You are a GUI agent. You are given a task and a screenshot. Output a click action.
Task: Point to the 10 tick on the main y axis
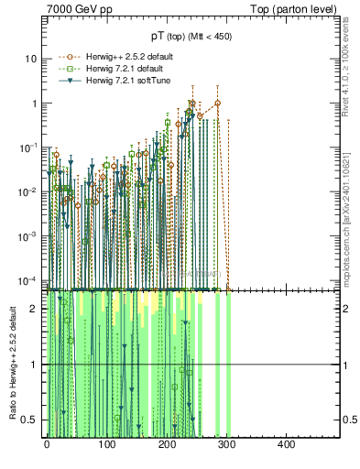pyautogui.click(x=31, y=59)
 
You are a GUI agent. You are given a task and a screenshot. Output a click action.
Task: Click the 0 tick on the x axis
pyautogui.click(x=47, y=444)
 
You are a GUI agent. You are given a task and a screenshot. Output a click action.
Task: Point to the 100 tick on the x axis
pyautogui.click(x=106, y=444)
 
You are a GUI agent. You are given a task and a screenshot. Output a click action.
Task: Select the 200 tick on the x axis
pyautogui.click(x=167, y=444)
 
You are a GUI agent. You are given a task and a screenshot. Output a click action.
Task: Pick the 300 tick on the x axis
pyautogui.click(x=226, y=444)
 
